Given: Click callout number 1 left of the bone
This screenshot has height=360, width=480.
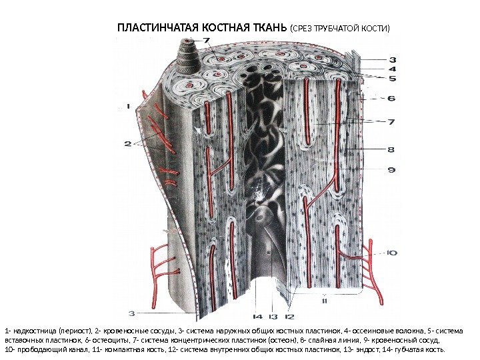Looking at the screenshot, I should click(x=128, y=105).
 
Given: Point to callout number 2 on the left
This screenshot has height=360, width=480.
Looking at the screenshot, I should click(x=128, y=143).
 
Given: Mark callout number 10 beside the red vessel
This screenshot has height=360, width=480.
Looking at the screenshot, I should click(x=392, y=252).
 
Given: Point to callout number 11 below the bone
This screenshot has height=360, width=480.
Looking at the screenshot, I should click(x=325, y=301).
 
